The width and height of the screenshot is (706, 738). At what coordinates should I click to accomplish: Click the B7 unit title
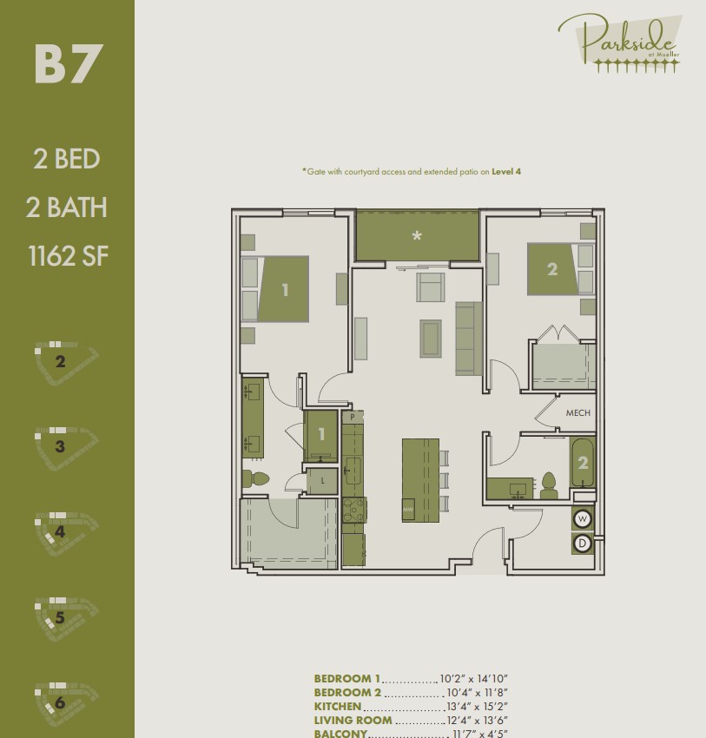coord(68,64)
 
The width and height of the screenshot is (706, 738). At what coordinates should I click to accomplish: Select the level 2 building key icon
coord(65,358)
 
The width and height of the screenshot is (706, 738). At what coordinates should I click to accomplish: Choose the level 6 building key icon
coord(65,700)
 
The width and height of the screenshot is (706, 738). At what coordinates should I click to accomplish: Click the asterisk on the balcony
coord(417,235)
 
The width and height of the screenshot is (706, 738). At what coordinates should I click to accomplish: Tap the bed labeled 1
coord(283,289)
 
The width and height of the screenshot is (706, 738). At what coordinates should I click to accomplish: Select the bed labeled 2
coord(552,269)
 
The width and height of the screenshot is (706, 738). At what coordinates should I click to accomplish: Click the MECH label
coord(577,412)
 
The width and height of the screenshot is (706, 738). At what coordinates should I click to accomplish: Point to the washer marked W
coord(583,519)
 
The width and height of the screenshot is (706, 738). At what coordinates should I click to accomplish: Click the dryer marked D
coord(583,544)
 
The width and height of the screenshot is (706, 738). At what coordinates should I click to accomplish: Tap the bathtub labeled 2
coord(583,464)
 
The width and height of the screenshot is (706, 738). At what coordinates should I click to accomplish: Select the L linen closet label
coord(322,481)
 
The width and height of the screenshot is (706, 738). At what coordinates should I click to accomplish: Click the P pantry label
coord(352,418)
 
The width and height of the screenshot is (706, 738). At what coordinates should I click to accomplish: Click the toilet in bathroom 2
coord(548,485)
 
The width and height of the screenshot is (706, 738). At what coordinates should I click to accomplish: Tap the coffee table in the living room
coord(431,338)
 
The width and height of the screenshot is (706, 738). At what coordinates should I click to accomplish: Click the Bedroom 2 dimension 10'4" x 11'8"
coord(475,692)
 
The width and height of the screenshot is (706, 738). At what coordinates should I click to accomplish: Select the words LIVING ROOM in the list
coord(353,720)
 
